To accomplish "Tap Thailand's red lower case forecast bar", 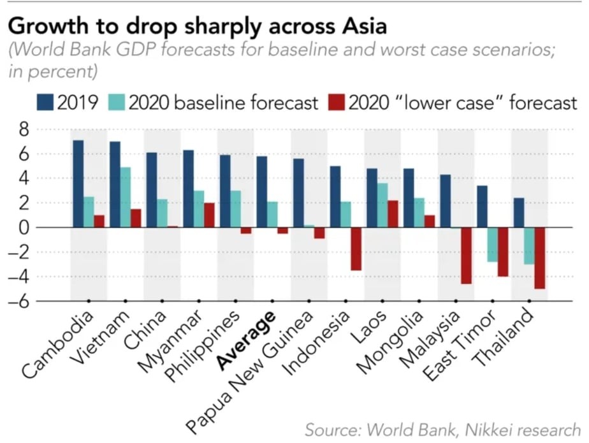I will (x=540, y=258).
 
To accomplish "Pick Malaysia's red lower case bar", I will (x=466, y=256).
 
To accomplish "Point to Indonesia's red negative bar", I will (x=356, y=249).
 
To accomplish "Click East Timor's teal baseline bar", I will (x=492, y=244).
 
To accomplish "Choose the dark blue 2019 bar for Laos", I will (x=372, y=198).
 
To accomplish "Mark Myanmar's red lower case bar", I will (x=209, y=215).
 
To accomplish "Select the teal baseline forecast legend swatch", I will (x=117, y=103).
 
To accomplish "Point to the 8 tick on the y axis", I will (x=23, y=130).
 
